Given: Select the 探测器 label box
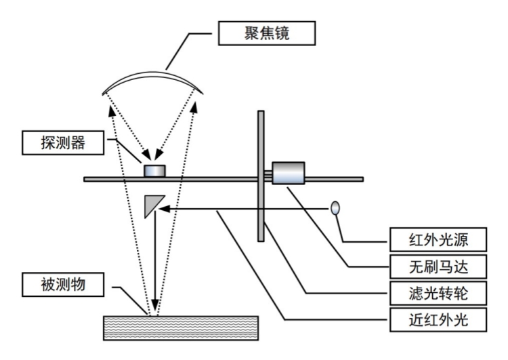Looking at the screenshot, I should point(63,143).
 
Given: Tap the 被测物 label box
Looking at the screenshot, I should point(63,284).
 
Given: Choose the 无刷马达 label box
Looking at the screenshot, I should point(438,266).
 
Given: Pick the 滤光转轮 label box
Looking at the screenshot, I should point(438,293).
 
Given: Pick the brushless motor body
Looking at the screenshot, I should point(288,172).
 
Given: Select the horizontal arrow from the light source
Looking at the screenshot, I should point(244,208).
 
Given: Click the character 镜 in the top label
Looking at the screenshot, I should point(285,32).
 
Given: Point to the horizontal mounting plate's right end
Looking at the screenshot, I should point(359,179).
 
